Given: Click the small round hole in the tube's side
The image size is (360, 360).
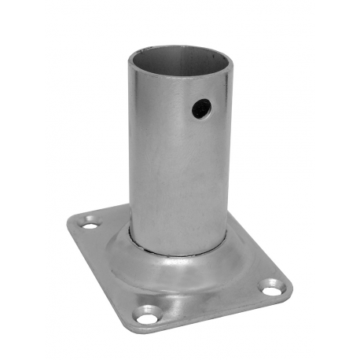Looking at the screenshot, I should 201,108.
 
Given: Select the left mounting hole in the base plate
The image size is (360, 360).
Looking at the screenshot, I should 91,225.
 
